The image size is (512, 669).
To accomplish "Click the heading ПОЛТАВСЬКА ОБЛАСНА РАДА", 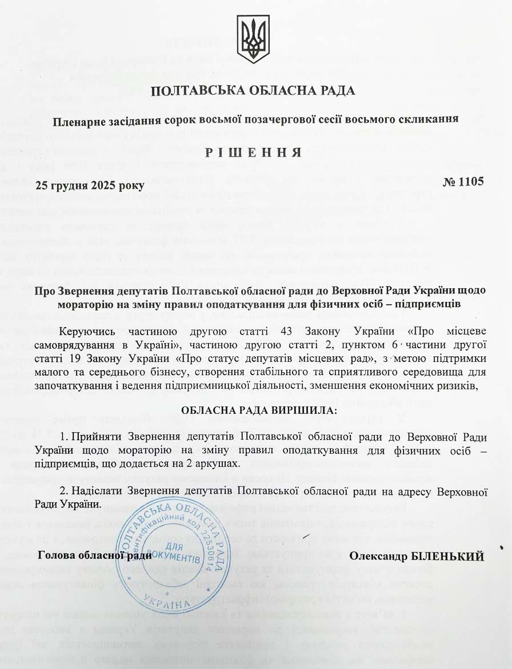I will point(253,91).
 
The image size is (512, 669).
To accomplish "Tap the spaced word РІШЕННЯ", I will point(253,152).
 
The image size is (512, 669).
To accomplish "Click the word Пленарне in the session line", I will point(75,120).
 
